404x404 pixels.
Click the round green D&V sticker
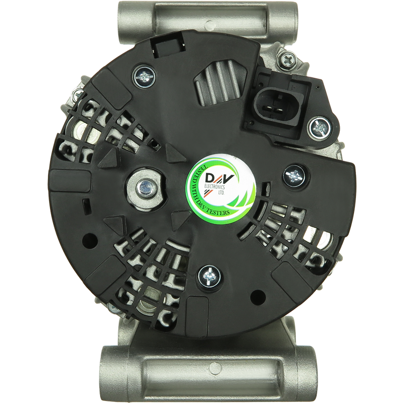coord(222,189)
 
